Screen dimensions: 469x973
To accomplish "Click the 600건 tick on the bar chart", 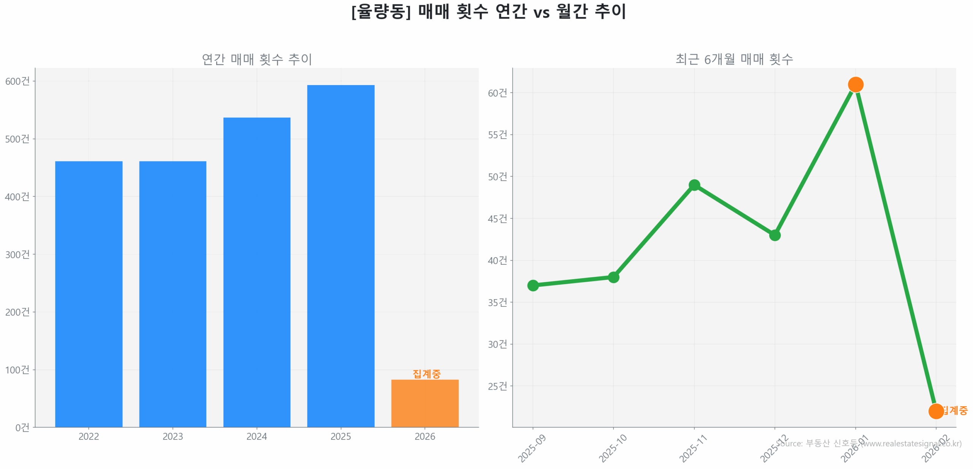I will (17, 81).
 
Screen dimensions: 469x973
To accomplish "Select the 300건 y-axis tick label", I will (17, 254).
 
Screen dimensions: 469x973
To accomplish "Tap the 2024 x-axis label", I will (257, 436).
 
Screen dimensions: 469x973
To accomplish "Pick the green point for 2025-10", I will (613, 277).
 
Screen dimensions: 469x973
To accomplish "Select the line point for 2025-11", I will (694, 185).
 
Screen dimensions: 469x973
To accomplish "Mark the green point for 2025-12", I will (775, 235).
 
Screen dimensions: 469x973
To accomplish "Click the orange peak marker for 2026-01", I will (855, 84).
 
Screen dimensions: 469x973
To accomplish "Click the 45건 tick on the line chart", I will (497, 218).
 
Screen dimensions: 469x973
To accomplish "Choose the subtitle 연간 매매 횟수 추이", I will (257, 59).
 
